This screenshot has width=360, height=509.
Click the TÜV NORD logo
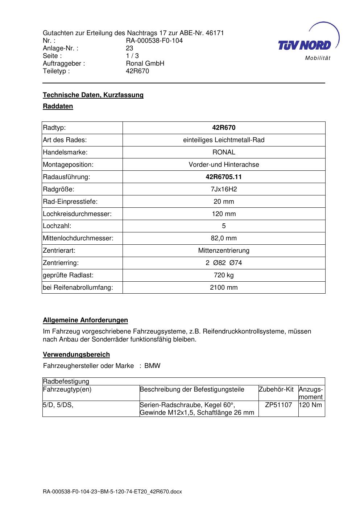tap(305, 45)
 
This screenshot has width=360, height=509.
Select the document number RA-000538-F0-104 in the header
tap(154, 41)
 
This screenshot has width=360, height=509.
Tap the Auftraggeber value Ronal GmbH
tap(145, 63)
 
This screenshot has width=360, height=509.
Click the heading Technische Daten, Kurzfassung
tap(93, 95)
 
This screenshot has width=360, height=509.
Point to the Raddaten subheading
tap(58, 106)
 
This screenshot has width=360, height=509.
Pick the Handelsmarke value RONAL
tap(224, 152)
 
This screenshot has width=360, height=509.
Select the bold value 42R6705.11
tap(224, 177)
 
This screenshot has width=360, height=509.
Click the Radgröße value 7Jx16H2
tap(224, 189)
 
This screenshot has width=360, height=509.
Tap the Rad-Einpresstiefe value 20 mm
tap(224, 202)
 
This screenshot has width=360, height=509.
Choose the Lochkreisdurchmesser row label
tap(77, 214)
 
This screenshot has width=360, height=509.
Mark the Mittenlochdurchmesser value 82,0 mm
tap(224, 238)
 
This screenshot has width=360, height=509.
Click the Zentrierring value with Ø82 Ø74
tap(224, 263)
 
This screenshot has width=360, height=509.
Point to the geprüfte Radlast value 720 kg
tap(224, 275)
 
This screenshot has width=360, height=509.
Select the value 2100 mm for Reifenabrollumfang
tap(224, 287)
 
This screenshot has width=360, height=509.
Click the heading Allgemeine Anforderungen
tap(86, 320)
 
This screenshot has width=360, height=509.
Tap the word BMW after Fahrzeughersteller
tap(152, 366)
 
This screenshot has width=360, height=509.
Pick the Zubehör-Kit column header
tap(276, 389)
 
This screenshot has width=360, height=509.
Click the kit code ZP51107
tap(278, 405)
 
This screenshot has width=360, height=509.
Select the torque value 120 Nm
tap(311, 405)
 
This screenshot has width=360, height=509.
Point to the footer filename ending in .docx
tap(112, 492)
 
